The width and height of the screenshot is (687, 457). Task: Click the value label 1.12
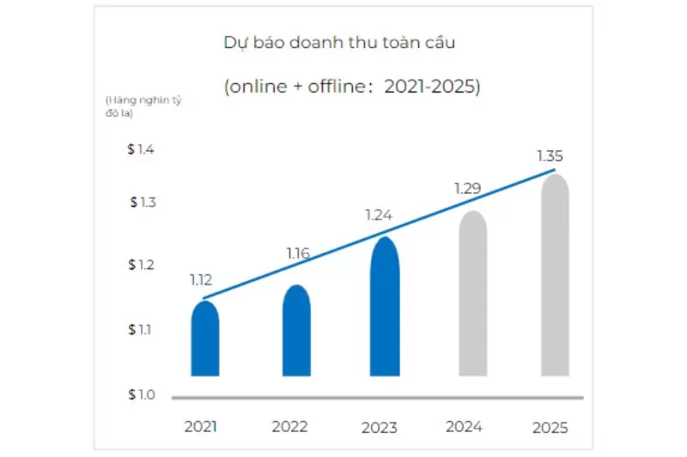click(x=201, y=280)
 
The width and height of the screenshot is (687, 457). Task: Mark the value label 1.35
click(x=550, y=156)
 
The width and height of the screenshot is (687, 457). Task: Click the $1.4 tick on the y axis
click(x=141, y=149)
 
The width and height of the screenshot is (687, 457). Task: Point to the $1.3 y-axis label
click(x=143, y=202)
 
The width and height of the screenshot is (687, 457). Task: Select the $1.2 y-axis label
click(x=141, y=265)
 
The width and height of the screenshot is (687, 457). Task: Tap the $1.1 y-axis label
click(x=141, y=329)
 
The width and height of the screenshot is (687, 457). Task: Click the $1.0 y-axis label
click(x=141, y=394)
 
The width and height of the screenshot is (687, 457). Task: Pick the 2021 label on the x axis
click(x=202, y=426)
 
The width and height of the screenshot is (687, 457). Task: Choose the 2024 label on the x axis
click(x=465, y=426)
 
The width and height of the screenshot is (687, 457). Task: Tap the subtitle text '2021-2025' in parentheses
click(x=431, y=87)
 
